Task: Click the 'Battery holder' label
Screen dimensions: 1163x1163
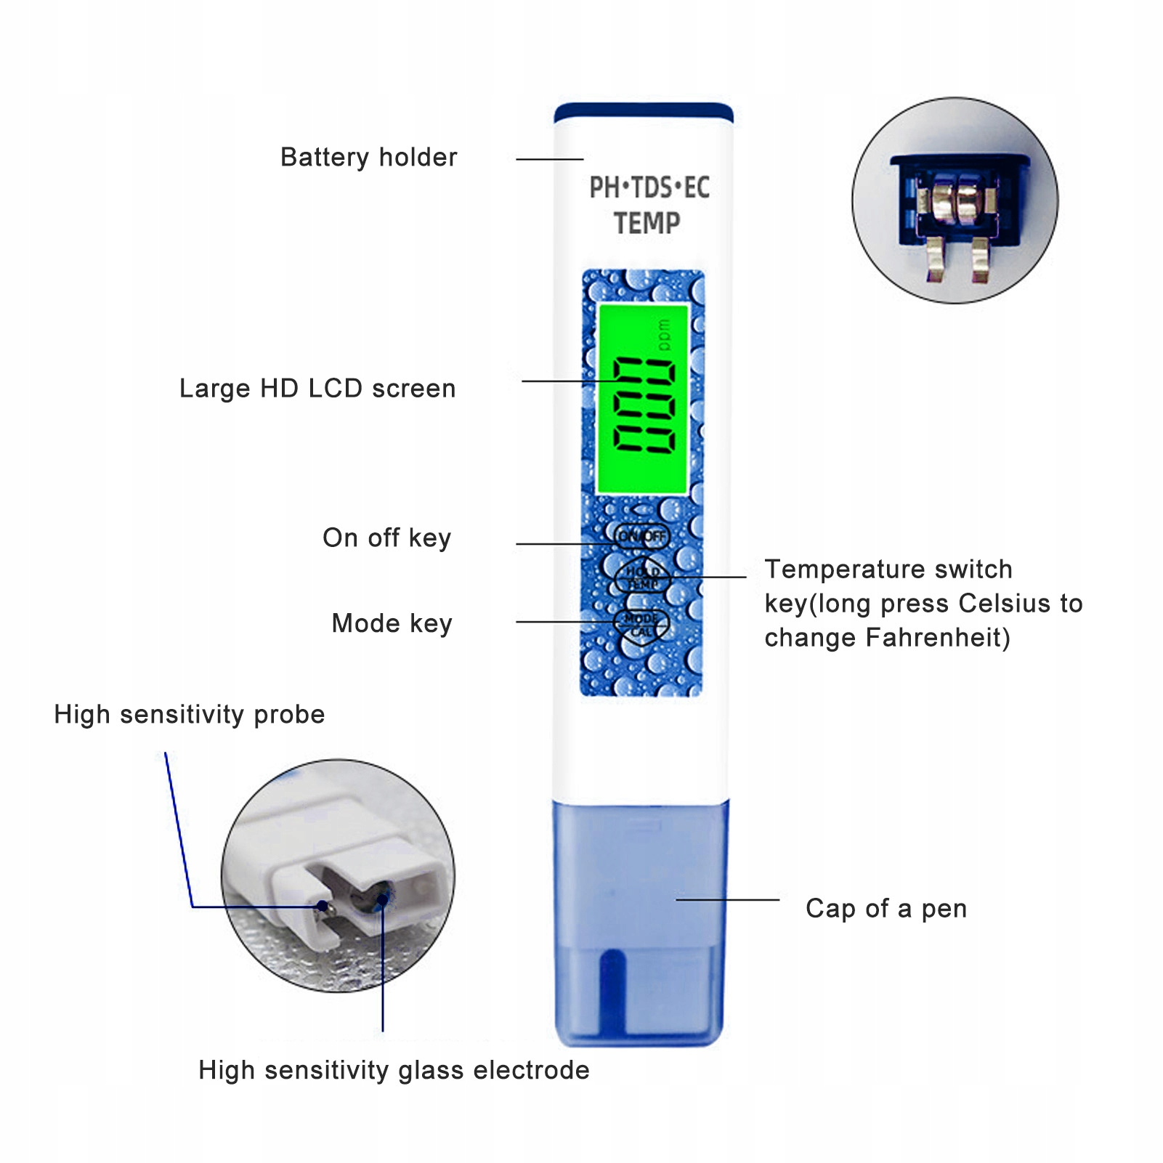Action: click(368, 158)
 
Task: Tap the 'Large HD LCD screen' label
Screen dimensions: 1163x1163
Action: click(317, 389)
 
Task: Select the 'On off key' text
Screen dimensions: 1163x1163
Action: click(386, 538)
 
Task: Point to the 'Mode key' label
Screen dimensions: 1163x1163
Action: click(392, 623)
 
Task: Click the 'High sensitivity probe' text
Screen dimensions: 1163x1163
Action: click(189, 715)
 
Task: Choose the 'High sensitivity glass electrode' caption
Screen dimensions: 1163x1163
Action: click(394, 1070)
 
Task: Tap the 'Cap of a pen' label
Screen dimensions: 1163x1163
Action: click(886, 909)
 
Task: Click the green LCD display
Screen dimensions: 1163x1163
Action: click(642, 400)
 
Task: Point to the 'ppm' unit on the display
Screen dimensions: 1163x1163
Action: click(664, 336)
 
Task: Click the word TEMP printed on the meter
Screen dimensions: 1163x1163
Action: click(647, 223)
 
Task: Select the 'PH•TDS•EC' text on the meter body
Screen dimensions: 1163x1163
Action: click(649, 187)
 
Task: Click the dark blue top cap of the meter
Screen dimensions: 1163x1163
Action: click(643, 113)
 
